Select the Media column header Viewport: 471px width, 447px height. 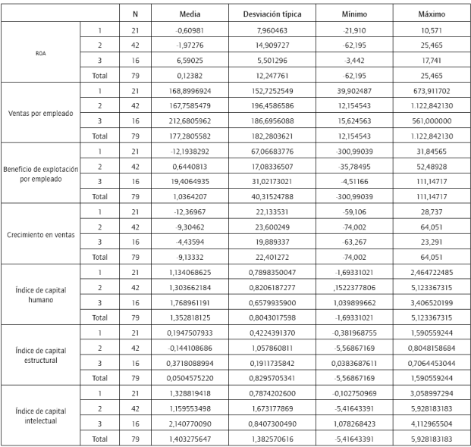click(190, 14)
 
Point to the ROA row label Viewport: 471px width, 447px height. click(41, 55)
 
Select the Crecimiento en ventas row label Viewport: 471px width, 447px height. click(41, 234)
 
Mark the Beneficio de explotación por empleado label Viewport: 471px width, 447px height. click(41, 174)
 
